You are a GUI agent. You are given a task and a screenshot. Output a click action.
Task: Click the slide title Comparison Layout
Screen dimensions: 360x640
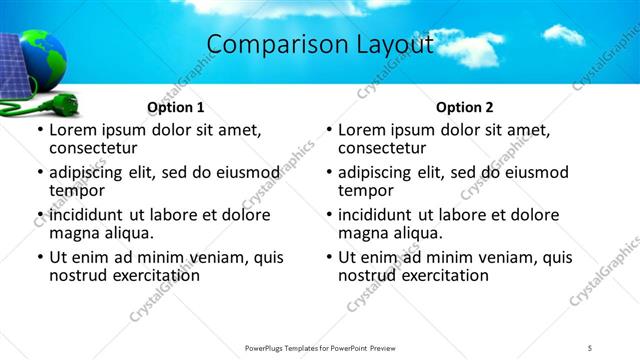click(x=320, y=44)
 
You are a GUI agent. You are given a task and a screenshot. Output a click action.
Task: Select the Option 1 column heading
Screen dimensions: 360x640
click(x=175, y=107)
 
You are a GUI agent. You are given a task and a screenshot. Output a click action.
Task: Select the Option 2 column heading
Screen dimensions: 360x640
click(x=464, y=107)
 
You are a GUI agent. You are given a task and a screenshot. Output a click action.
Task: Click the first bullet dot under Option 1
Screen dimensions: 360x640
click(x=40, y=130)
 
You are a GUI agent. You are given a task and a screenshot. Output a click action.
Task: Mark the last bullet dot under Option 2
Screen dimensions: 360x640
click(x=329, y=257)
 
